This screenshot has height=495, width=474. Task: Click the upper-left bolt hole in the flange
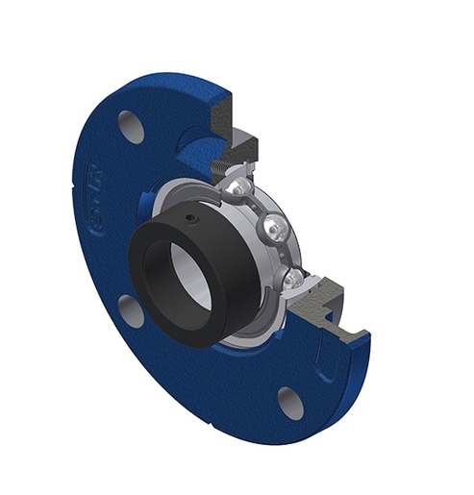(131, 126)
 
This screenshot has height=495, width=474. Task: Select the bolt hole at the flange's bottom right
(287, 402)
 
